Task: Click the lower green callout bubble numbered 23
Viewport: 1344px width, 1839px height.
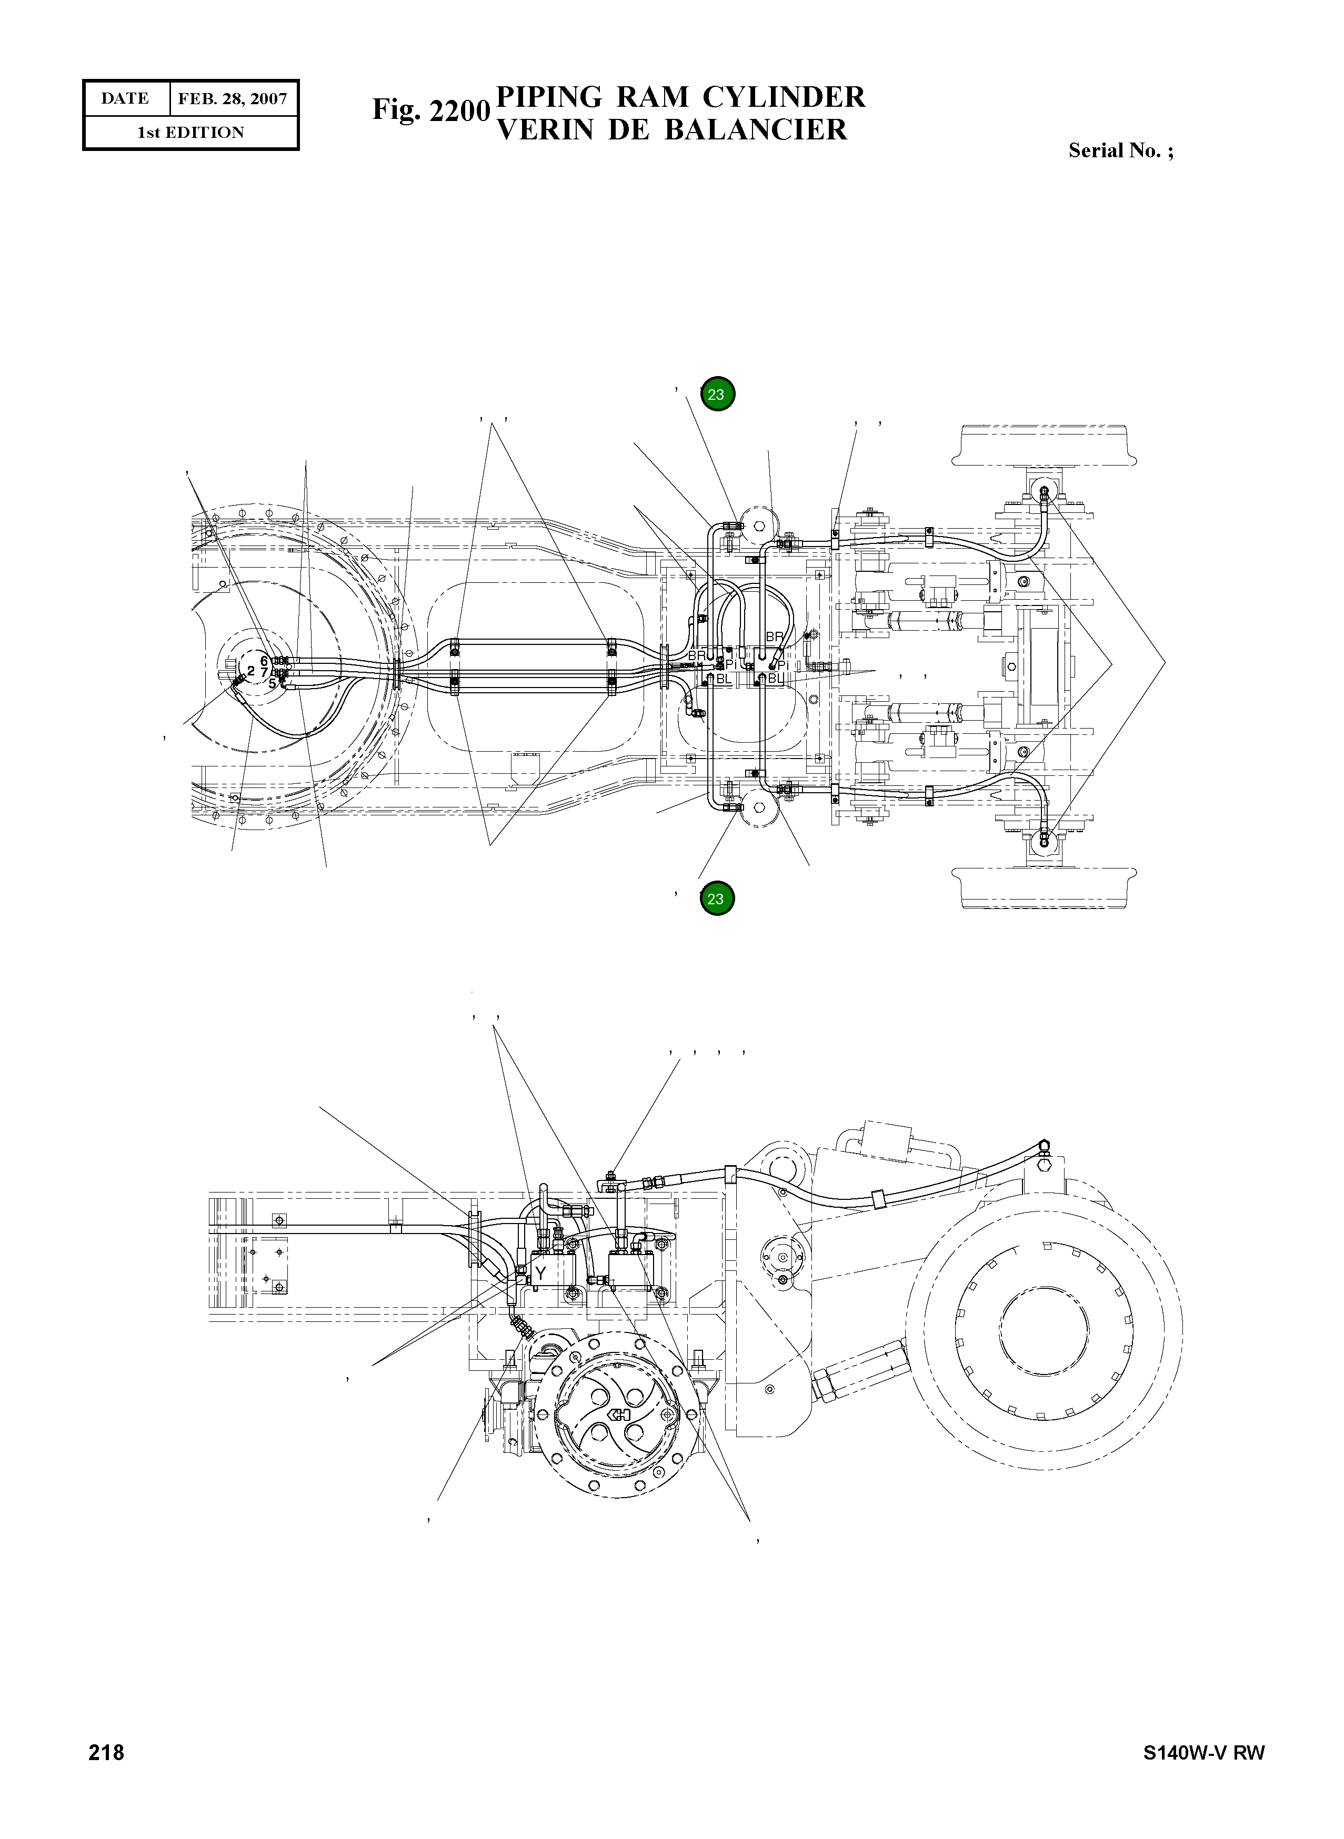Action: pyautogui.click(x=716, y=899)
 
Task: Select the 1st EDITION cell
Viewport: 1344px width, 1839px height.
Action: pyautogui.click(x=190, y=133)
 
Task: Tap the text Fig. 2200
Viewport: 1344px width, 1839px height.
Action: pyautogui.click(x=431, y=110)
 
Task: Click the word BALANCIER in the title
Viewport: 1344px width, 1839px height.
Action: pyautogui.click(x=756, y=130)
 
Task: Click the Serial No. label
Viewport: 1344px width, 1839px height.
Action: pyautogui.click(x=1120, y=150)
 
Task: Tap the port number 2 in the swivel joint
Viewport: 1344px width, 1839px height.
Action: pyautogui.click(x=250, y=671)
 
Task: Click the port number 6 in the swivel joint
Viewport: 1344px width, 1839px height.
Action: pyautogui.click(x=264, y=661)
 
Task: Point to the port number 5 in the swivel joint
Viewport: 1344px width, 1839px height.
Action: pyautogui.click(x=272, y=683)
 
